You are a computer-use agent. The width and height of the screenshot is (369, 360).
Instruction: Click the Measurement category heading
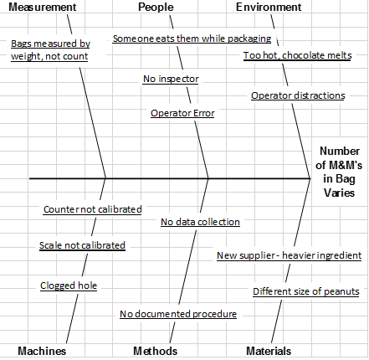pos(41,8)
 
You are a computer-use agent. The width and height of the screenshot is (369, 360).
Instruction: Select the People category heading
pos(156,8)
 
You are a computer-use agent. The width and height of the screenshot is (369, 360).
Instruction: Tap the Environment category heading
pos(268,8)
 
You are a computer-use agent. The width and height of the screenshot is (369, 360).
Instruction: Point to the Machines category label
pos(42,351)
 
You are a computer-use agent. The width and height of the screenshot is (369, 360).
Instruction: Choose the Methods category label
pos(156,351)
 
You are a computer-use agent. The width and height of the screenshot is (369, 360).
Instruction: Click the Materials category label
pos(269,351)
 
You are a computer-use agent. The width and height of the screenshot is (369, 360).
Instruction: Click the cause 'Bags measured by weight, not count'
pos(50,49)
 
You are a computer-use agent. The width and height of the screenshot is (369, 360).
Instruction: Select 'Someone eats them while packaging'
pos(192,39)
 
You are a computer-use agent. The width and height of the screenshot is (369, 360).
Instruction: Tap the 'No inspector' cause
pos(171,79)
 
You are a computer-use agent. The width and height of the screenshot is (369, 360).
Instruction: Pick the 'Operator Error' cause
pos(182,112)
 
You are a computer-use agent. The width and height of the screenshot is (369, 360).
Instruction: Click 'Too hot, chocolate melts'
pos(297,55)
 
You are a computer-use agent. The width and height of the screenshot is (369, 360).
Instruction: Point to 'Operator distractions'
pos(298,95)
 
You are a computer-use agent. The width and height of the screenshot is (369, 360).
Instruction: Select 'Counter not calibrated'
pos(92,209)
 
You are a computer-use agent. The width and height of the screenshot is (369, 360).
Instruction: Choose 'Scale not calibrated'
pos(82,245)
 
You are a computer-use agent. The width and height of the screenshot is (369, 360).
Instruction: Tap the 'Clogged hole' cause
pos(69,285)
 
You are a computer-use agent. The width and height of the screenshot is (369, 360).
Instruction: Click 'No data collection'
pos(201,222)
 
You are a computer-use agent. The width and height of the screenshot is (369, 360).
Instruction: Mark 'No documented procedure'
pos(178,314)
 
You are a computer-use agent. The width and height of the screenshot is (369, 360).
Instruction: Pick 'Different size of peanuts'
pos(306,291)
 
